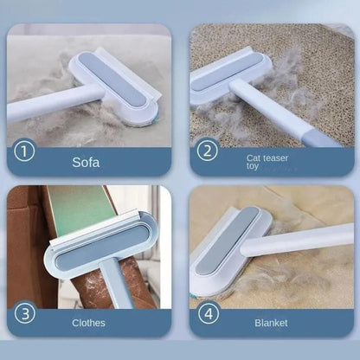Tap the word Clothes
(89, 323)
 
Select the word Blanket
(271, 323)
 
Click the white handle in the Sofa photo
(43, 106)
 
